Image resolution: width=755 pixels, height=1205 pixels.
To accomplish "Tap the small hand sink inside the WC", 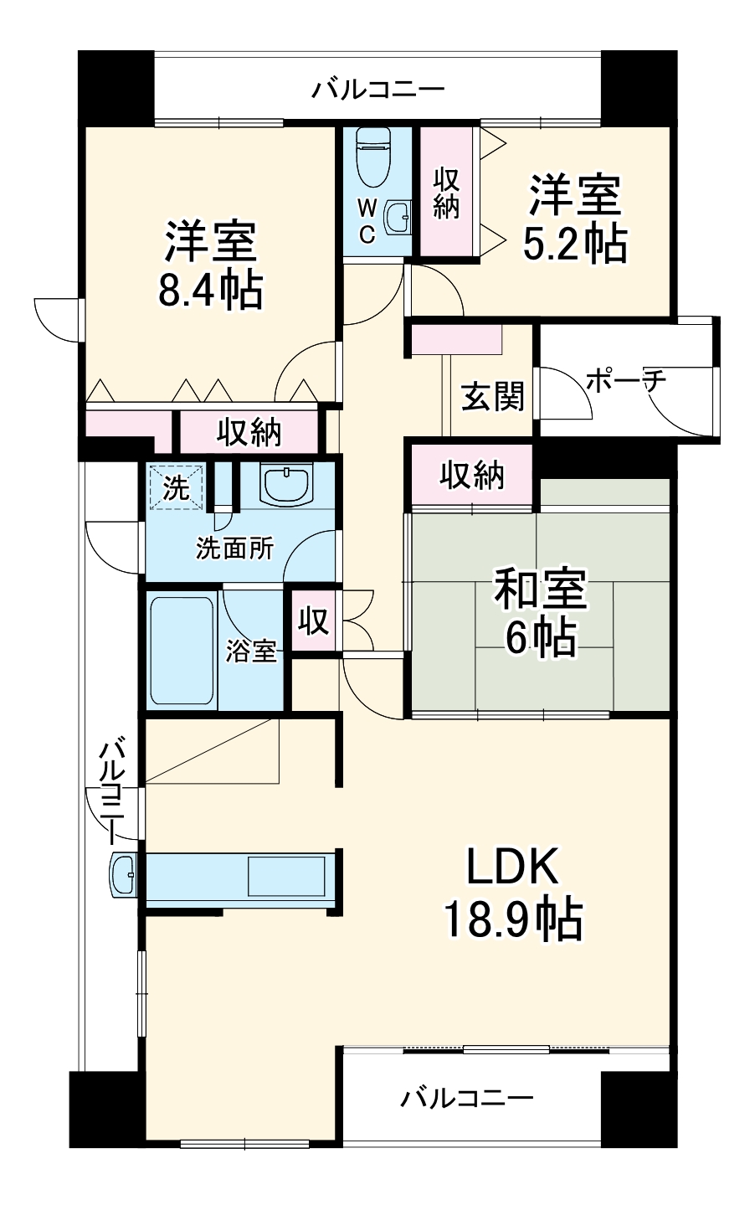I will (398, 219).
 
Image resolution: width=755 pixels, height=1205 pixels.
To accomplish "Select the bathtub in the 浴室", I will (182, 650).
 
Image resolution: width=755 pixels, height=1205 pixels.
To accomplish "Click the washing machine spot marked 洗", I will (176, 487).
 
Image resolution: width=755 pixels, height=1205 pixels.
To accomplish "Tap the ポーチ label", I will (625, 381).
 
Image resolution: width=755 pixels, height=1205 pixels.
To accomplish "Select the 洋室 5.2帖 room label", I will (574, 219).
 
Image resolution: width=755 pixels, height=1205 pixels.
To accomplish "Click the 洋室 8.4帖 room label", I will (210, 265).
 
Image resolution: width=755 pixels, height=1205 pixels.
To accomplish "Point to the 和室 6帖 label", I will (540, 612).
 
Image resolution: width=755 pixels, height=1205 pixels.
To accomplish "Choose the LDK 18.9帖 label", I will (512, 893).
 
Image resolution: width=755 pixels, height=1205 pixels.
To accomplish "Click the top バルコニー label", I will (377, 89).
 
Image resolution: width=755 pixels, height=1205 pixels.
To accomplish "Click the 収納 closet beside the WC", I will (445, 193).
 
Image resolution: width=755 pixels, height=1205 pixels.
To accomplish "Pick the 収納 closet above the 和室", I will (473, 476).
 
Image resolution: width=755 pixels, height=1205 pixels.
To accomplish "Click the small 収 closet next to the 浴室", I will (314, 622).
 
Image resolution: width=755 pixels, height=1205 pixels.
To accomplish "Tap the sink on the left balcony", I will (124, 875).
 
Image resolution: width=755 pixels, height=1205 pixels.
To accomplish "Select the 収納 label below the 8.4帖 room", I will (249, 432).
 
